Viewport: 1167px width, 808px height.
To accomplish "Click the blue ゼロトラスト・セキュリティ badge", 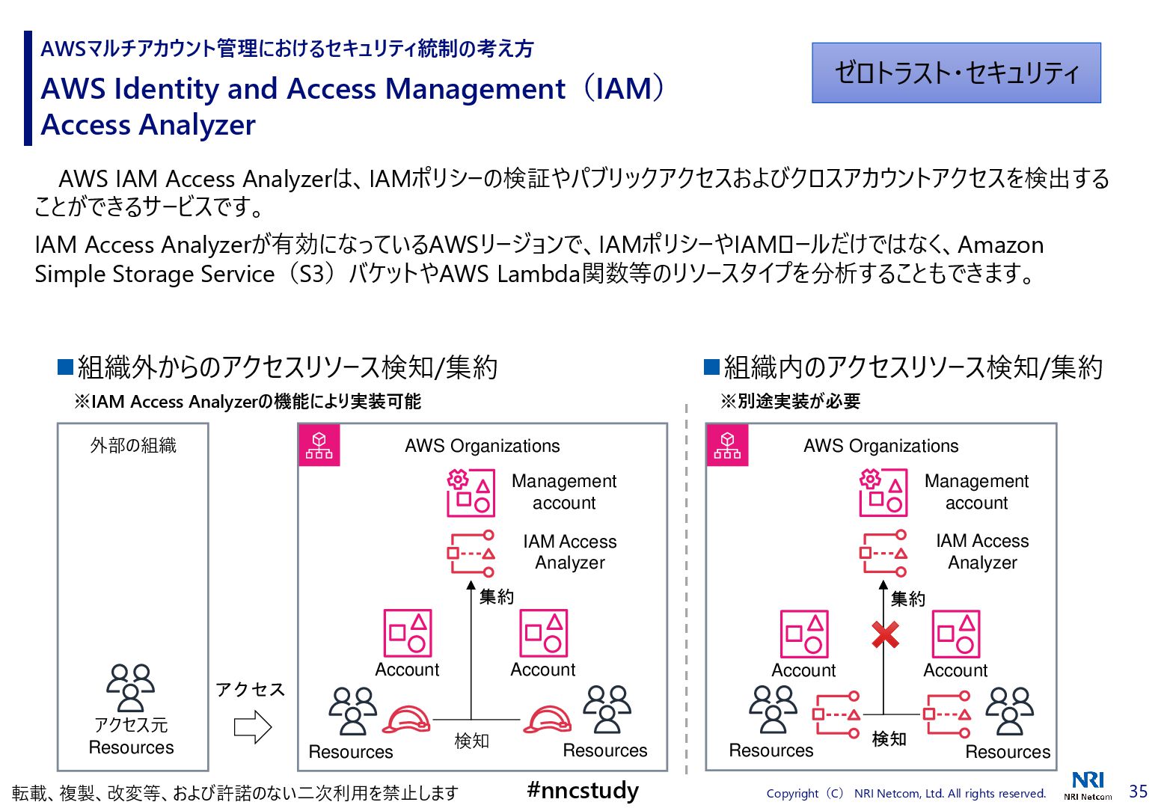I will [956, 73].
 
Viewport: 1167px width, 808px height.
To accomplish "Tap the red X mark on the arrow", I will [886, 635].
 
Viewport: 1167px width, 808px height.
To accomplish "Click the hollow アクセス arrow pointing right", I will [253, 726].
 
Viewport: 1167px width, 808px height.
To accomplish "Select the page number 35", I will [1138, 791].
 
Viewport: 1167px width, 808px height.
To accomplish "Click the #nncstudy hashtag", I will [583, 790].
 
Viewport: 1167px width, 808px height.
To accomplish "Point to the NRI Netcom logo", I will [1088, 785].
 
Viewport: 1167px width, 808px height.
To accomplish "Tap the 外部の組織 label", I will [133, 446].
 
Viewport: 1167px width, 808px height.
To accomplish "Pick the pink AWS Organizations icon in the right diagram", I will [727, 445].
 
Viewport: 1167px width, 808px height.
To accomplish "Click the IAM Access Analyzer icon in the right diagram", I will [883, 554].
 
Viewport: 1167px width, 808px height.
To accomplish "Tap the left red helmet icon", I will [406, 720].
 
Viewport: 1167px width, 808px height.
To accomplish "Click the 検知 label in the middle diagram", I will [471, 741].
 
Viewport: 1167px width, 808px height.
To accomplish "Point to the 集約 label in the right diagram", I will [907, 599].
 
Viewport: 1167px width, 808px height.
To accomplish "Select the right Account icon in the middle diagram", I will [544, 633].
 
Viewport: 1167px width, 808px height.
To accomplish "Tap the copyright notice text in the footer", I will [906, 793].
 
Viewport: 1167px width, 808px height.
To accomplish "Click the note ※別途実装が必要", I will [791, 402].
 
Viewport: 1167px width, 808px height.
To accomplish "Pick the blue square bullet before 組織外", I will [66, 367].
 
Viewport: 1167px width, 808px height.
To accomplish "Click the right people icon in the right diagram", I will [1009, 710].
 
